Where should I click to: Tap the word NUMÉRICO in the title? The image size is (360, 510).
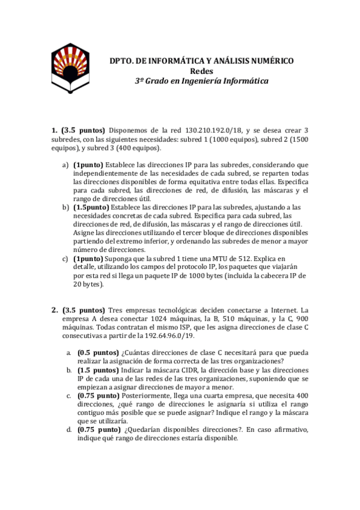[x=267, y=61]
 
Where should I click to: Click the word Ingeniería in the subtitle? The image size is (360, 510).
[x=204, y=81]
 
